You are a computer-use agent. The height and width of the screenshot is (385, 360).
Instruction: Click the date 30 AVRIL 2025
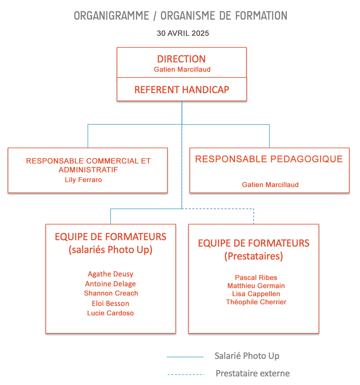click(183, 33)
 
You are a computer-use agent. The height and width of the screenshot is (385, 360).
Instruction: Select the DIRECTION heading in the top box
click(181, 59)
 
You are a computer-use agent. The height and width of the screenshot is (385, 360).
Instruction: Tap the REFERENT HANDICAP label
click(182, 90)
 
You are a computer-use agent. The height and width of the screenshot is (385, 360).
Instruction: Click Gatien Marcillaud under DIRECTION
click(182, 69)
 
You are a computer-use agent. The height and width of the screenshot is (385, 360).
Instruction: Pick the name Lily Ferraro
click(83, 180)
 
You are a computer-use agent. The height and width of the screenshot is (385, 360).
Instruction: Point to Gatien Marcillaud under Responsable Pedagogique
click(270, 185)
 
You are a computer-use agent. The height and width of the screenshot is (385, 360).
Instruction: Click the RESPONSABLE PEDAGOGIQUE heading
click(269, 159)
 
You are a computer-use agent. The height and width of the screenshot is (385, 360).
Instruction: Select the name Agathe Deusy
click(110, 274)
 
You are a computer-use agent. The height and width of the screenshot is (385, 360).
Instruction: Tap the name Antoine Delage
click(110, 284)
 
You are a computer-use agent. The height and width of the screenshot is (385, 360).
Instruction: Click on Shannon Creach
click(111, 293)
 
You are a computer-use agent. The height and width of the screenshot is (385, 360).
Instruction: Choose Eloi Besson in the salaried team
click(110, 304)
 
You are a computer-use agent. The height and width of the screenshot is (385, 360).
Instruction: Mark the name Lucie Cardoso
click(110, 313)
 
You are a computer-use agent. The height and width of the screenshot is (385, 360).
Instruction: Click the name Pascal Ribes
click(256, 277)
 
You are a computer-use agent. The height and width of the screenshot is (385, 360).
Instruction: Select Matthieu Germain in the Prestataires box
click(256, 286)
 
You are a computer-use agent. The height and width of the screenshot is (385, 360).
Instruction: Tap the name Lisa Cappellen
click(256, 294)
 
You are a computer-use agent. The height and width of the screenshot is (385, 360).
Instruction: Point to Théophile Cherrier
click(256, 302)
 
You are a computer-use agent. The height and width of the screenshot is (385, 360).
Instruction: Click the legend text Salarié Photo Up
click(247, 356)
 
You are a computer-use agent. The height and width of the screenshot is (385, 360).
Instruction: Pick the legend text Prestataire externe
click(253, 373)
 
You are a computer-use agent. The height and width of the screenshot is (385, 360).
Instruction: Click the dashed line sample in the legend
click(186, 375)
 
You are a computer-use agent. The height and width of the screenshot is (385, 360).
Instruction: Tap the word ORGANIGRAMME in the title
click(112, 16)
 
